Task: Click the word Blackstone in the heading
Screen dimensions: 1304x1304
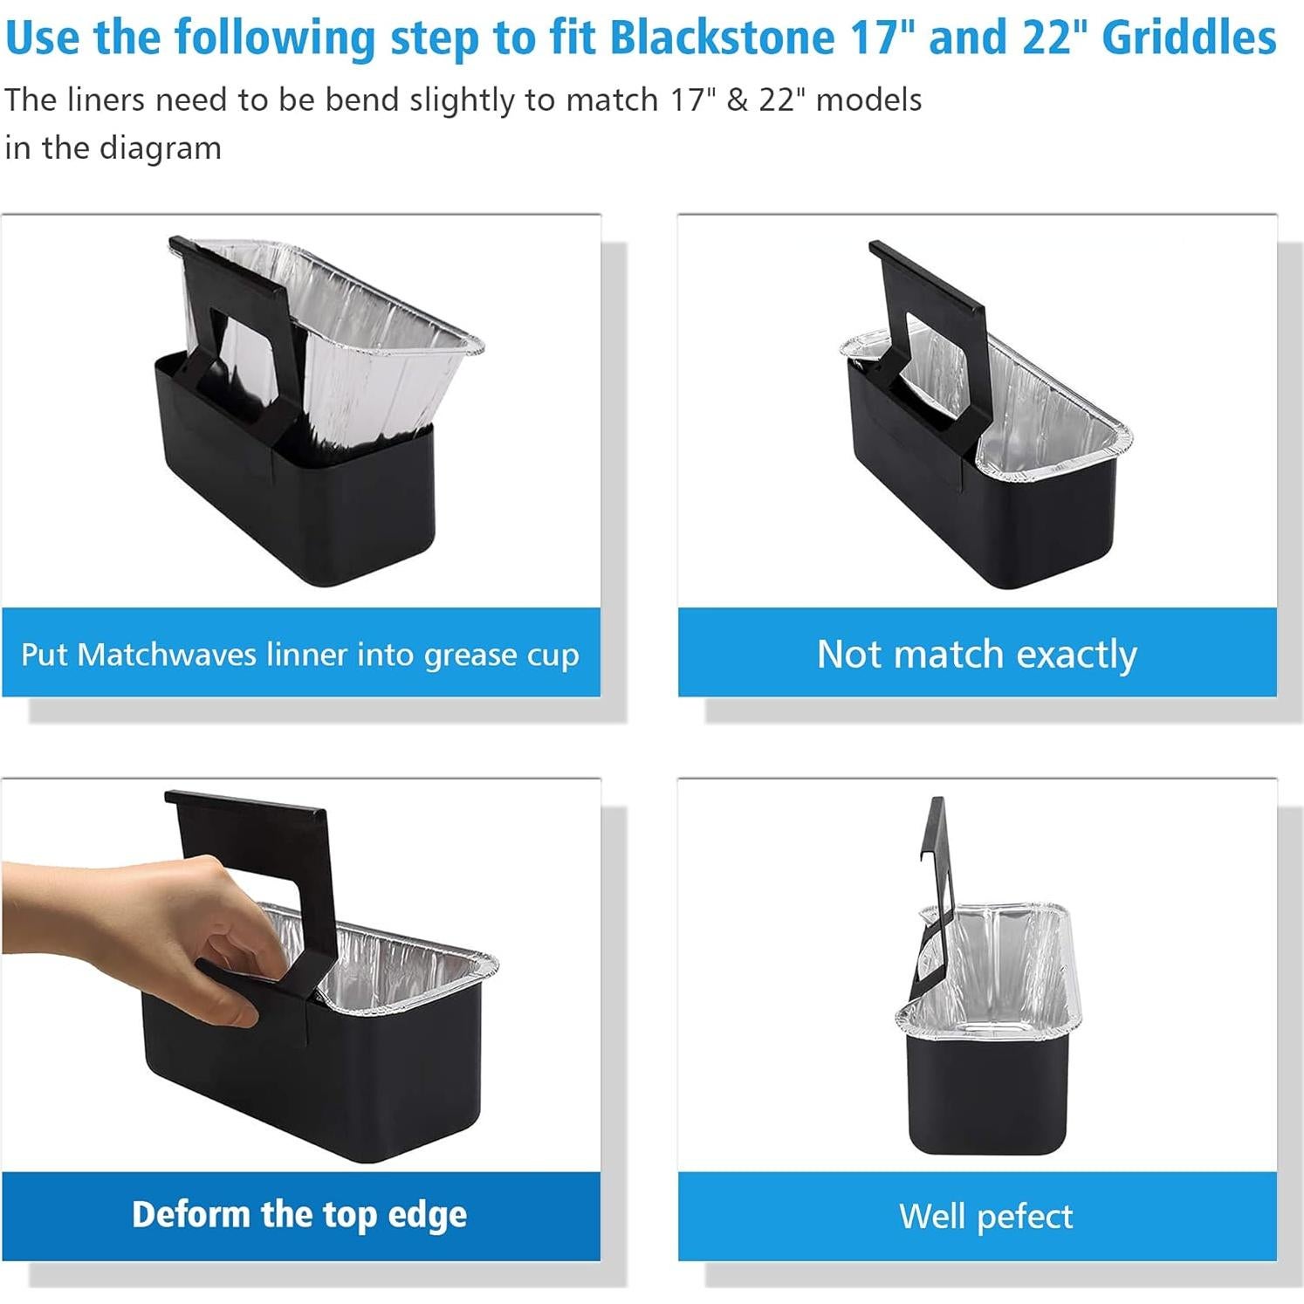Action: click(x=721, y=37)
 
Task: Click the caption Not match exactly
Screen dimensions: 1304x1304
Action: click(x=977, y=654)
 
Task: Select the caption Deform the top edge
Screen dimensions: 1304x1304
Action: click(x=299, y=1215)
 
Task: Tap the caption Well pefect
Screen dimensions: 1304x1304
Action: click(x=985, y=1216)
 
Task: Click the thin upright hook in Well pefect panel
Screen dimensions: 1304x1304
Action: click(x=937, y=855)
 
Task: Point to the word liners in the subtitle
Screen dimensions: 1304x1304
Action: click(x=104, y=100)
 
